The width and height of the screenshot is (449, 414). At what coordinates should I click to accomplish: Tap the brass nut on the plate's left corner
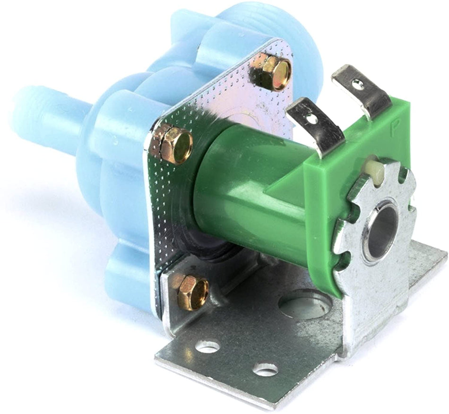[173, 145]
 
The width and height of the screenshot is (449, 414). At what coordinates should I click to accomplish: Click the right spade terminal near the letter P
[362, 90]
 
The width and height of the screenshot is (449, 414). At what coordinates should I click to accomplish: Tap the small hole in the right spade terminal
[359, 85]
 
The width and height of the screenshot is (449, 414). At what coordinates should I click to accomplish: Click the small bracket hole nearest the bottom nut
[208, 346]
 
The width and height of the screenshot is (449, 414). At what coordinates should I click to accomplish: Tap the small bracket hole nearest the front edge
[265, 369]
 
